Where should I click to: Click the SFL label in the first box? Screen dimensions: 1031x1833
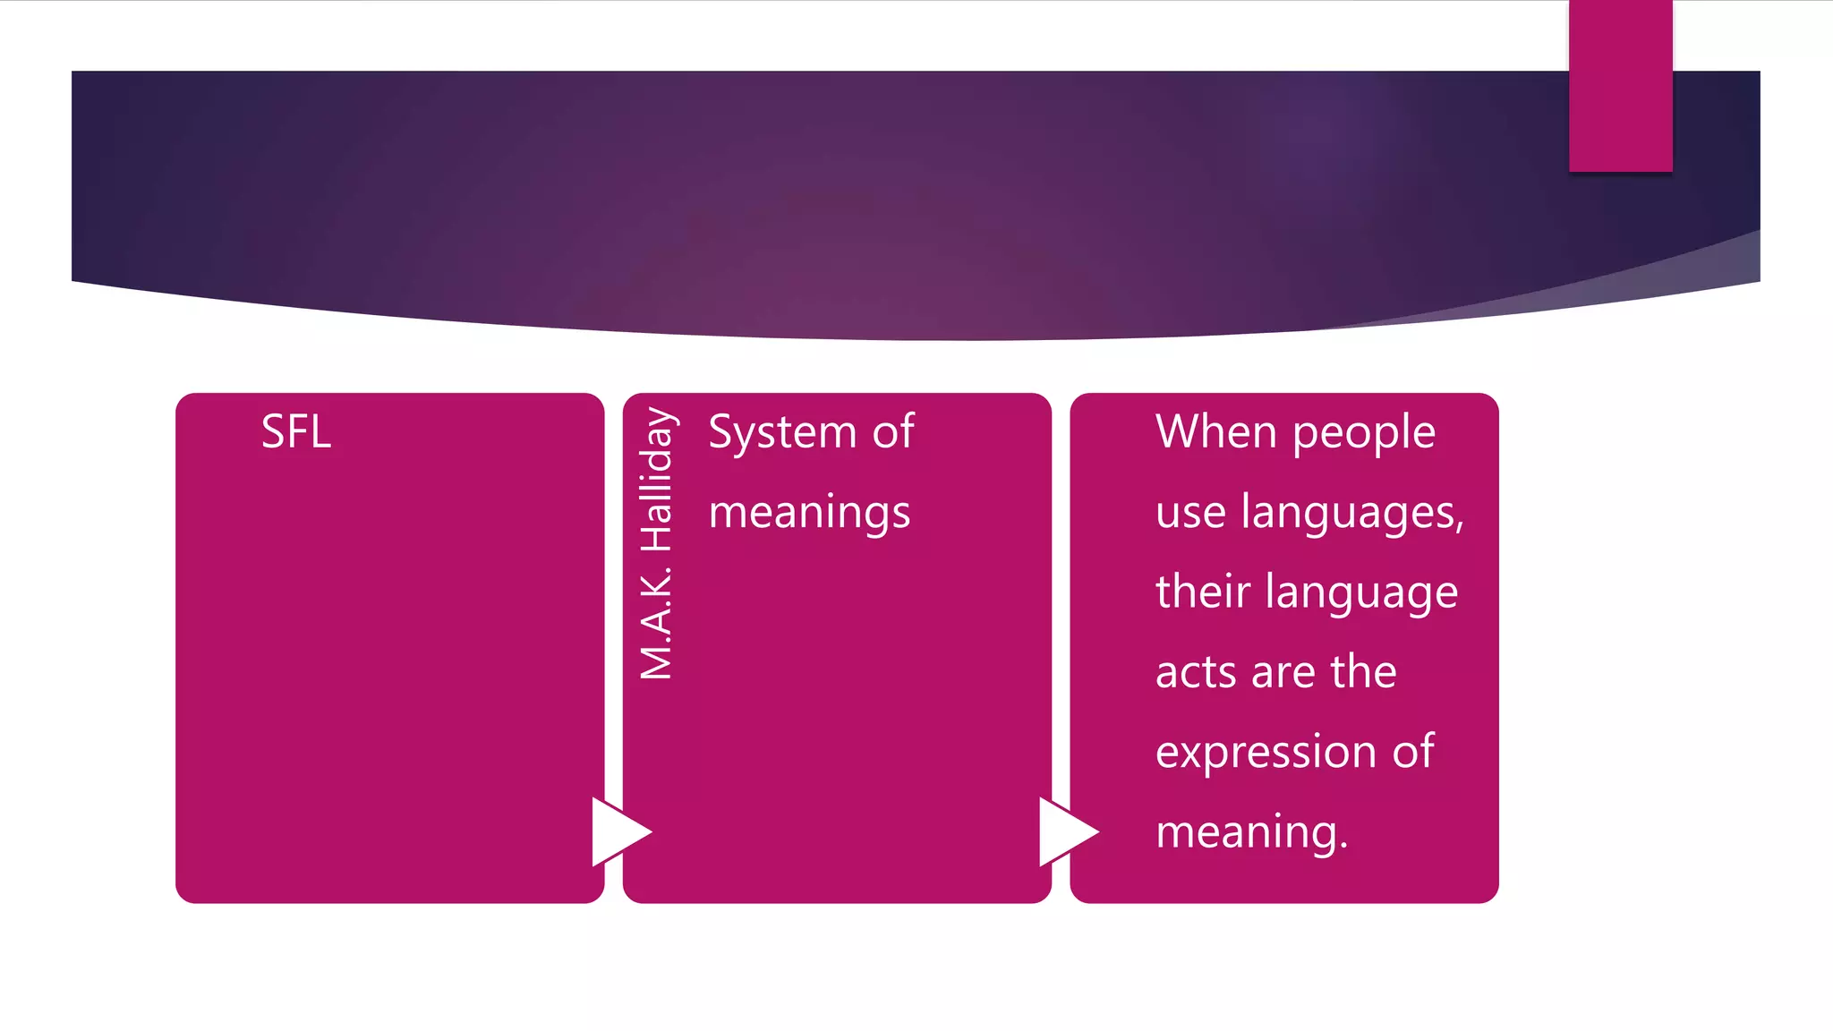click(x=296, y=432)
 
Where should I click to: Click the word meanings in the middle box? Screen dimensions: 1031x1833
click(x=809, y=514)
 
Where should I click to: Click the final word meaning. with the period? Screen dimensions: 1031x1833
click(x=1251, y=833)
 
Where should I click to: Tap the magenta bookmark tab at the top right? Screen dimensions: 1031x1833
click(x=1620, y=86)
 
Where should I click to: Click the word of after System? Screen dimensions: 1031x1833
click(x=893, y=432)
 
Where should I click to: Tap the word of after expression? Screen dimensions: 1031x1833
click(x=1413, y=751)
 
